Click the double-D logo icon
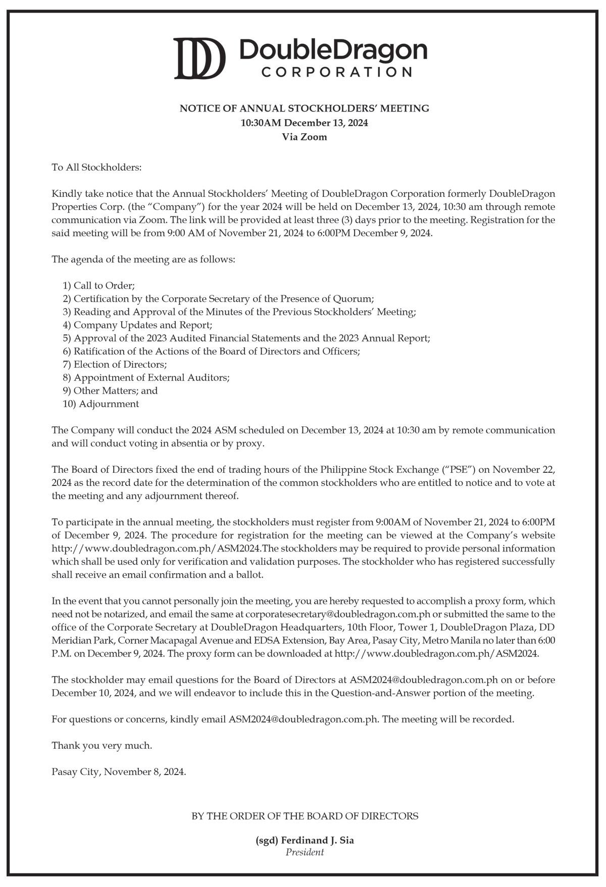(x=199, y=59)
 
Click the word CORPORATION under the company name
(x=336, y=72)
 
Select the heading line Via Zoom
(x=304, y=137)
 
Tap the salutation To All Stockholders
(x=96, y=167)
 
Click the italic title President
(x=305, y=853)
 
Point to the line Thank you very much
(x=102, y=745)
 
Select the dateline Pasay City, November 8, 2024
(x=119, y=771)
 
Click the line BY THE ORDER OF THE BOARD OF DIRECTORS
(x=305, y=816)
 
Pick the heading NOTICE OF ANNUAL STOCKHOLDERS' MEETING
(x=305, y=108)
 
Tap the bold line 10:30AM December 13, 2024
(x=304, y=123)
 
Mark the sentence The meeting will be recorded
(x=448, y=719)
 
